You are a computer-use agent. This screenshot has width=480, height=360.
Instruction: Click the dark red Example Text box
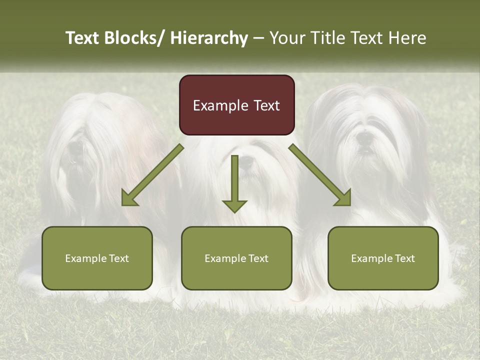236,105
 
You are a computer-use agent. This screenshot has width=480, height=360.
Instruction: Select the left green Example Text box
97,258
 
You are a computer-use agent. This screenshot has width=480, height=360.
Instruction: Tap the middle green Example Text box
236,258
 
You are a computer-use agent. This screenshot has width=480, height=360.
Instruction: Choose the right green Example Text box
383,258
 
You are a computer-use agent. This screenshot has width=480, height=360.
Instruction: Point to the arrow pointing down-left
152,175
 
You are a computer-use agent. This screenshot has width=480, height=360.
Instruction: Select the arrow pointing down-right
320,175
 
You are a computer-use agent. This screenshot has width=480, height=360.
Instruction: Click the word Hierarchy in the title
209,38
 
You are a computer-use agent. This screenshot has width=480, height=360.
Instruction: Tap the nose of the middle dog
246,161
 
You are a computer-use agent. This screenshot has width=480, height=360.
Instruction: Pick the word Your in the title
286,38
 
